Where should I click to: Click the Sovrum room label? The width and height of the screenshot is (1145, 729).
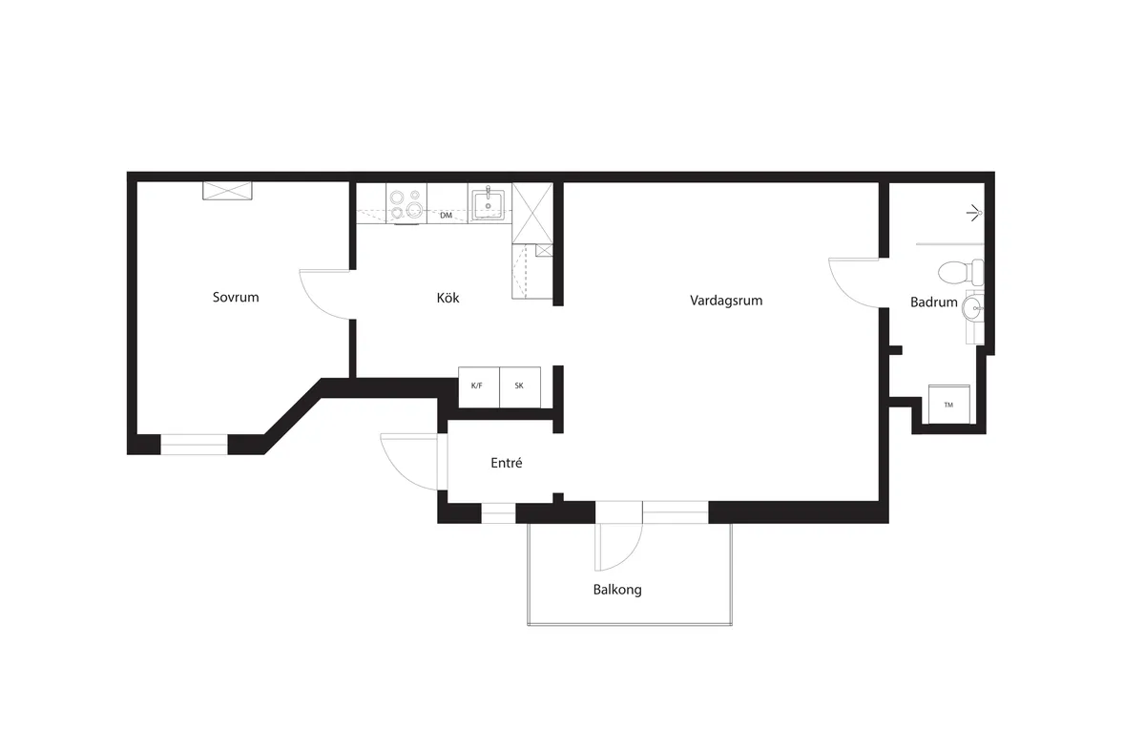click(236, 298)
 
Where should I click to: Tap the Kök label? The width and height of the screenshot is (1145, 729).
click(448, 299)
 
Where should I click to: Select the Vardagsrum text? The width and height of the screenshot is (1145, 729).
click(726, 301)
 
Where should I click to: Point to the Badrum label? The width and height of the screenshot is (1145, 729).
click(933, 302)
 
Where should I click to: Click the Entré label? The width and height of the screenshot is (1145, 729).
click(506, 463)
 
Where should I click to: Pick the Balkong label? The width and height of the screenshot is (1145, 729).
click(617, 590)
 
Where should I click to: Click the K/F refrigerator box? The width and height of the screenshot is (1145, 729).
click(478, 386)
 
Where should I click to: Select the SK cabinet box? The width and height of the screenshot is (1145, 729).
click(520, 386)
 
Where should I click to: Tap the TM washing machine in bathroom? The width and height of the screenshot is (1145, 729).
click(948, 405)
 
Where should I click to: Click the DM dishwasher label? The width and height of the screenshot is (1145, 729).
click(446, 216)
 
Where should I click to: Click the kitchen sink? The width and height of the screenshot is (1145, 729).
click(488, 202)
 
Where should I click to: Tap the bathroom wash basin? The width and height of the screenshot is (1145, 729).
click(971, 307)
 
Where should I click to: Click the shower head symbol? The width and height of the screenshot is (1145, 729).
click(974, 212)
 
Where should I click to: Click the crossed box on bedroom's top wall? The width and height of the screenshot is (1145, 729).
click(228, 190)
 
